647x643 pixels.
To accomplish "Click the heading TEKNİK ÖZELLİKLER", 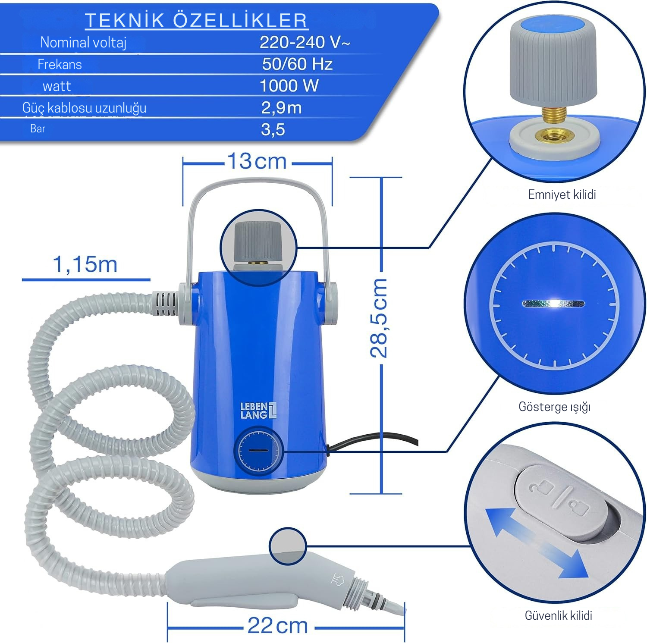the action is (196, 20).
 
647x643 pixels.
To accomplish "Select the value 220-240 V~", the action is (305, 42).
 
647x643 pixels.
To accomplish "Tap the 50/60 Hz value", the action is (297, 64).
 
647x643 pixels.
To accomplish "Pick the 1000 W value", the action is (289, 86).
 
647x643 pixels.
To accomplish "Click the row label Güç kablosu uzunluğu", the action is (84, 108).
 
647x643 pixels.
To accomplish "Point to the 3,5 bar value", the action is (273, 129).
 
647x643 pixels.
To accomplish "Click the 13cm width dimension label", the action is (257, 161).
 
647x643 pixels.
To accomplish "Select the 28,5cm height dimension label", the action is (379, 318).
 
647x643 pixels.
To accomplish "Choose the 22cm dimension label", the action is (277, 625).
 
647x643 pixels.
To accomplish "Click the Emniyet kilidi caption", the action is (562, 194).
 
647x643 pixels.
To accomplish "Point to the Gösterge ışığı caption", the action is (555, 407).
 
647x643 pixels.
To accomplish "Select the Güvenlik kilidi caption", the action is (558, 615).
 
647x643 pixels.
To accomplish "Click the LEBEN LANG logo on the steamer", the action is (258, 411).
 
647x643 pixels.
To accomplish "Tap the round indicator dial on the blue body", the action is (258, 451).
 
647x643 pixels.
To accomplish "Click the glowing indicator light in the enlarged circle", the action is (554, 304).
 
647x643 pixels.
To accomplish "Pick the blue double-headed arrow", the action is (537, 543).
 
